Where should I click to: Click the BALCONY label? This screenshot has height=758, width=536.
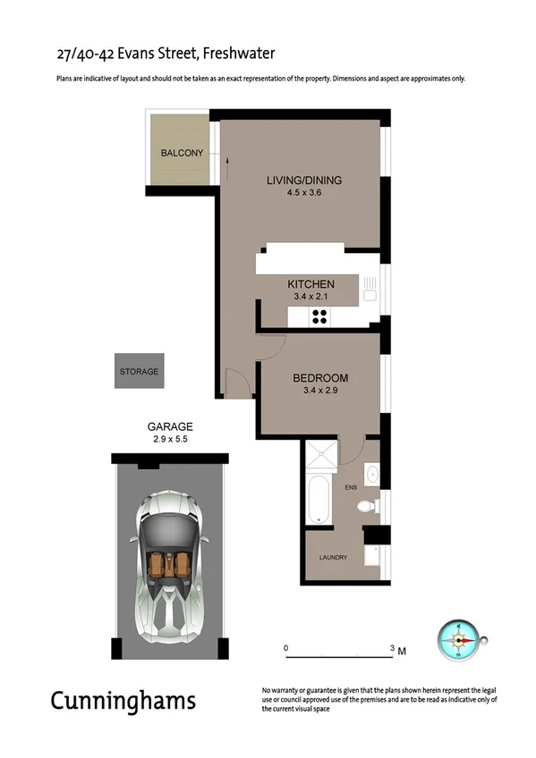(x=182, y=153)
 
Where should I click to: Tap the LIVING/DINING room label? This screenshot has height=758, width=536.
(x=304, y=181)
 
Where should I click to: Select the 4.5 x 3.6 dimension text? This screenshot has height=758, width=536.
(x=304, y=193)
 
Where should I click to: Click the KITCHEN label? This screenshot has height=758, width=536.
(x=311, y=283)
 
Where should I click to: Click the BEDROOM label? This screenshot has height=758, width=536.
(x=320, y=378)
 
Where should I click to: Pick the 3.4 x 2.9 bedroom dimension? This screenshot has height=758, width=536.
(x=320, y=391)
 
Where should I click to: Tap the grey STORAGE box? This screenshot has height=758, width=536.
(x=140, y=371)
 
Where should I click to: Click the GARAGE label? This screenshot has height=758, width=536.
(x=170, y=427)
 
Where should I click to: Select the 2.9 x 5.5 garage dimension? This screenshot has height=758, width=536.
(x=170, y=440)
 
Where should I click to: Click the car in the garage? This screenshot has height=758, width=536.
(x=170, y=564)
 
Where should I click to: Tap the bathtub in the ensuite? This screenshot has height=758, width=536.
(x=318, y=501)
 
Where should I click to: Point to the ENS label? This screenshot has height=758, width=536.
(x=350, y=487)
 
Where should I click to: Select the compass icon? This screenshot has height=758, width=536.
(x=460, y=640)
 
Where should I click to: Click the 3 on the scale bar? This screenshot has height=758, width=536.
(x=391, y=647)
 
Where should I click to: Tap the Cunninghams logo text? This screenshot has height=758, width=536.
(x=123, y=700)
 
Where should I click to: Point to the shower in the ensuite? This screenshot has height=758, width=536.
(x=322, y=455)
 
